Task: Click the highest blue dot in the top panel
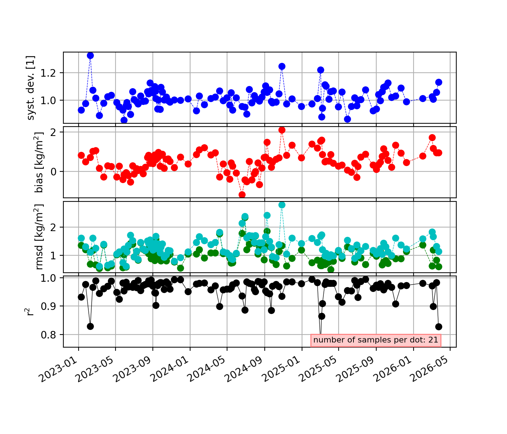90,56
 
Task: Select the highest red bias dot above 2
282,130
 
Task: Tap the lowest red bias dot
242,195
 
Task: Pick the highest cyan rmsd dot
282,205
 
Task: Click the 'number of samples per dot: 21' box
376,340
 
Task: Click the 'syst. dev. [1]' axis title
30,88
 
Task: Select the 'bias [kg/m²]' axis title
39,162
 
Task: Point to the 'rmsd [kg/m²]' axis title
39,237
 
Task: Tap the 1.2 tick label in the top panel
48,73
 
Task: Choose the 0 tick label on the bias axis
54,172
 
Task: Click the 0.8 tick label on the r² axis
48,335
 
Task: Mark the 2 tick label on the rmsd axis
54,227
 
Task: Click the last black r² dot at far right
439,327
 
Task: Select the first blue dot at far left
81,110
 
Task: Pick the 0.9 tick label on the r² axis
48,306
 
